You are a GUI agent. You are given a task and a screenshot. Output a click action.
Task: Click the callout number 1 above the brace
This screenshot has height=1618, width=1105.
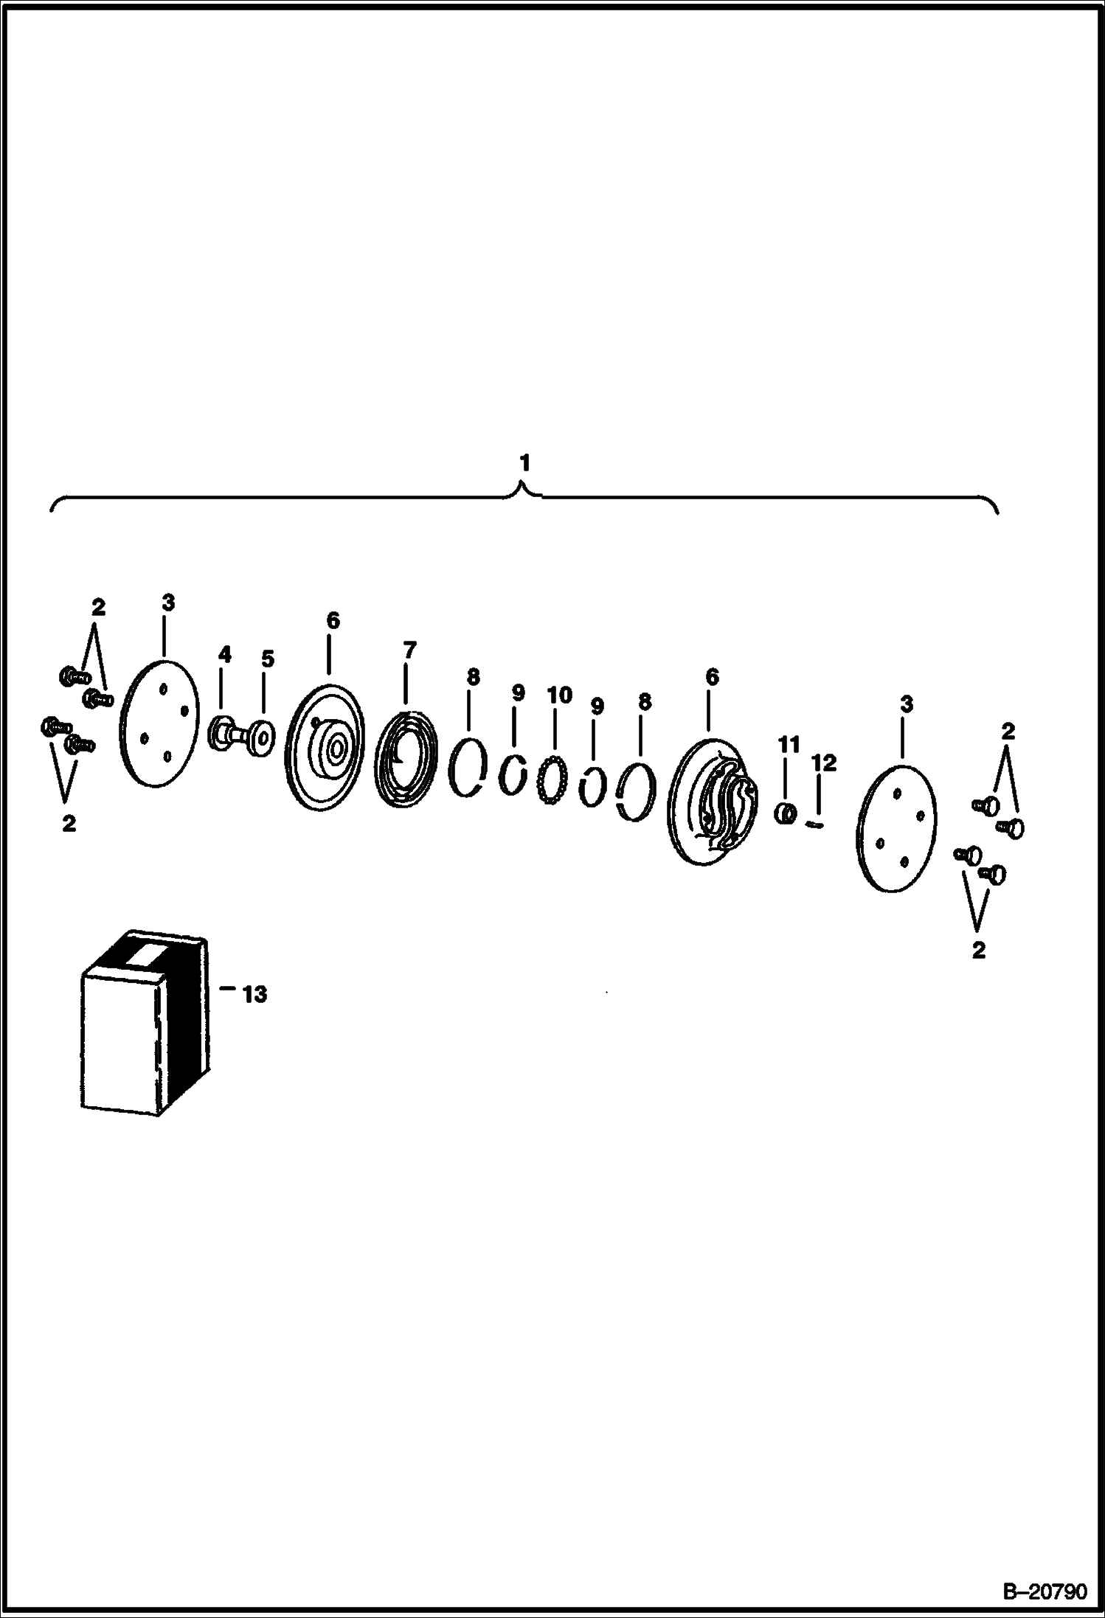coord(524,463)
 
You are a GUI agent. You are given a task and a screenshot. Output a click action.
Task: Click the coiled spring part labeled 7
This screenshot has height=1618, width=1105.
coord(406,759)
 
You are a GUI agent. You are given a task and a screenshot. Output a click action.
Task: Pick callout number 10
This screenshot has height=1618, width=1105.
coord(559,695)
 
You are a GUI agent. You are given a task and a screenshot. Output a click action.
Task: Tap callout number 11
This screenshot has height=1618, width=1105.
coord(789,745)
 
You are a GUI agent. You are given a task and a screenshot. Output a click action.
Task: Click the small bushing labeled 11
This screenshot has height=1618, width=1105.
coord(786,813)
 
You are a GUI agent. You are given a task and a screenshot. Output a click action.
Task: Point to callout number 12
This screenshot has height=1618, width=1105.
coord(824,763)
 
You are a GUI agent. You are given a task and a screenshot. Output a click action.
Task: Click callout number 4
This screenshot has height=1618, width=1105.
coord(224,654)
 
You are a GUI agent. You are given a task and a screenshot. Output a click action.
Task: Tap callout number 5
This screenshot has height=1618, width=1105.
coord(267,659)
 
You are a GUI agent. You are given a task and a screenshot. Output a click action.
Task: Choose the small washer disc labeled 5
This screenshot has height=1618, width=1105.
coord(260,739)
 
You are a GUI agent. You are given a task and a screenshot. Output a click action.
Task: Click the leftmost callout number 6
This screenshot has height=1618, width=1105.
coord(333,621)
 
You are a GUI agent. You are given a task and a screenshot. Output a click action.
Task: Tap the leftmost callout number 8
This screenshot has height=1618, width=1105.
coord(473,676)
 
